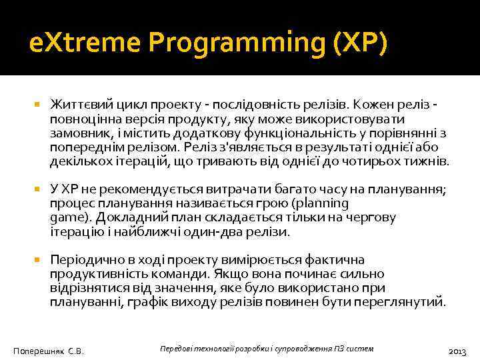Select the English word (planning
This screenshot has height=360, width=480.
click(x=315, y=203)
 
